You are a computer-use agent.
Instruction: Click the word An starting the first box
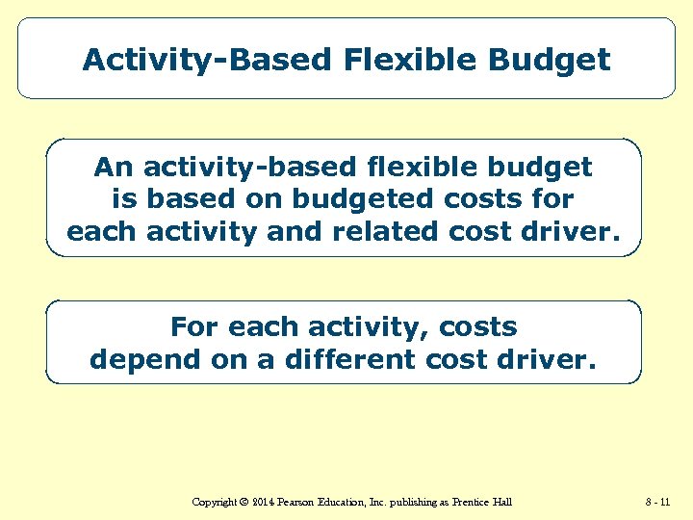(115, 168)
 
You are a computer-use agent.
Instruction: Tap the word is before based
(124, 199)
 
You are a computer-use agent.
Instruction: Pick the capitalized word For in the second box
(192, 327)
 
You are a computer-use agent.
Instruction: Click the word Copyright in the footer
(215, 502)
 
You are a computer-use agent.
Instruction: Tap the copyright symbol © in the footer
(244, 502)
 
